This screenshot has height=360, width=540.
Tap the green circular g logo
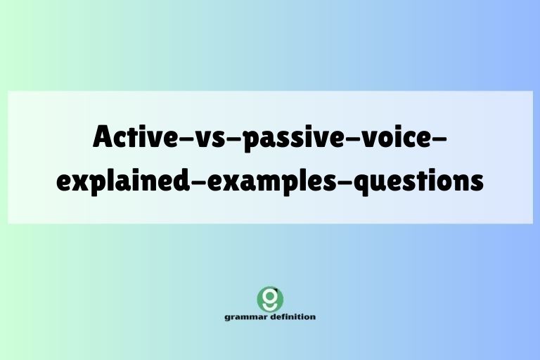click(270, 298)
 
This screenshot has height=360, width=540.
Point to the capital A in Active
click(103, 136)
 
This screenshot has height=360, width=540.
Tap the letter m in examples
click(266, 181)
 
